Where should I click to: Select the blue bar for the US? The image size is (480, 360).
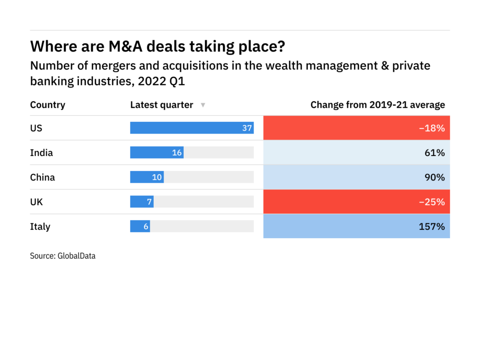tap(192, 128)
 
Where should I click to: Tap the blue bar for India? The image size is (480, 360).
tap(157, 152)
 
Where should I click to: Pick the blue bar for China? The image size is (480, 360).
tap(147, 177)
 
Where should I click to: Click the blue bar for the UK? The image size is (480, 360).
tap(142, 202)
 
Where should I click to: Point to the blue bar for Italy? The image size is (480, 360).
tap(140, 226)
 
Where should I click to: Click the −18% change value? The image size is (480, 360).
tap(432, 128)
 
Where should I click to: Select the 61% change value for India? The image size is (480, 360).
tap(435, 152)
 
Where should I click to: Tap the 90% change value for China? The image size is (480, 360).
tap(435, 177)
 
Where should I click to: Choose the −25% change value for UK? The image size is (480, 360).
tap(432, 202)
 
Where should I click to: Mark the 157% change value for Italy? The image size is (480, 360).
tap(432, 226)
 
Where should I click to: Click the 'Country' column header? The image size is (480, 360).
tap(48, 105)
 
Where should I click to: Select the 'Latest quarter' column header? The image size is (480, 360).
tap(162, 105)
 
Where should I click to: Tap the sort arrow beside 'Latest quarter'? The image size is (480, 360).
tap(203, 105)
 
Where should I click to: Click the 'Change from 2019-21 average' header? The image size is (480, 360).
tap(377, 105)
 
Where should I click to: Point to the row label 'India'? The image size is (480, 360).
tap(42, 152)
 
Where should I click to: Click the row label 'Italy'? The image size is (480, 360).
tap(40, 226)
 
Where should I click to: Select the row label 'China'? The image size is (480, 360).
tap(43, 177)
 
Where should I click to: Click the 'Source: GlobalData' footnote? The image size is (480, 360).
tap(63, 256)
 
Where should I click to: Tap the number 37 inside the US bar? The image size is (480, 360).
tap(247, 128)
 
